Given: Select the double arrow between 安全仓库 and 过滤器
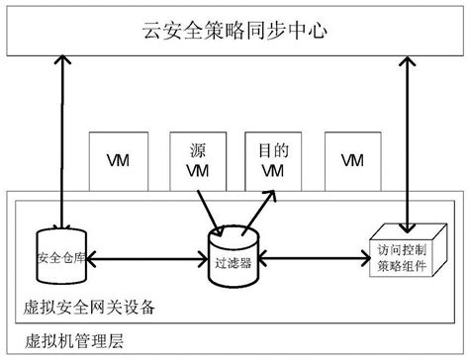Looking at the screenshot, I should pyautogui.click(x=149, y=261).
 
